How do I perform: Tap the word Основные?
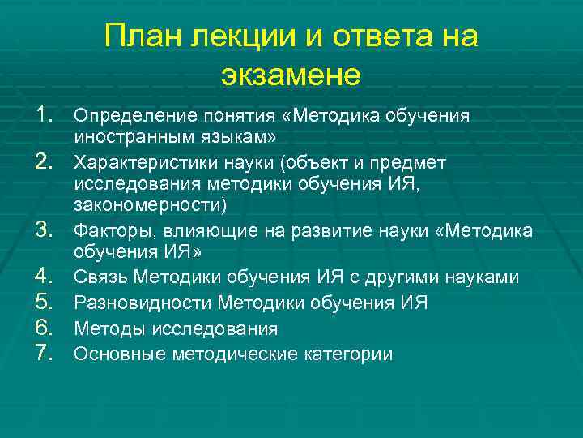point(112,354)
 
